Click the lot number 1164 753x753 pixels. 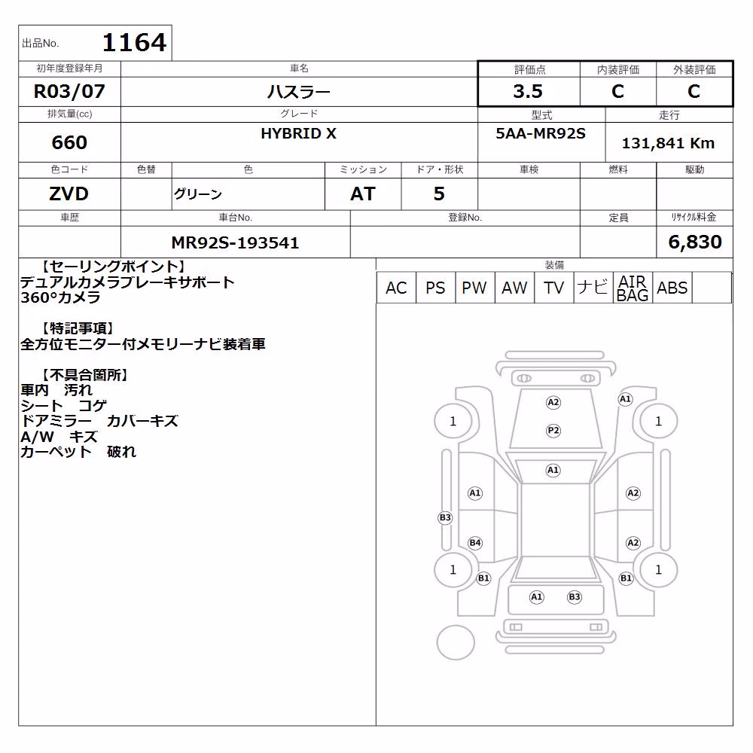134,42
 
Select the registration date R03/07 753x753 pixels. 69,91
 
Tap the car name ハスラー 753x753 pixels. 299,91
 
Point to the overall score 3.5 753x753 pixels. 528,91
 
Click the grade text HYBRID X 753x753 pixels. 299,133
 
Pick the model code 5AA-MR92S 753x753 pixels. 541,133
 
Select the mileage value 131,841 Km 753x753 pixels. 668,143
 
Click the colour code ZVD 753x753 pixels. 69,194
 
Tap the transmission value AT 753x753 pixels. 363,194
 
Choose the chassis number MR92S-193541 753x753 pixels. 235,242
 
